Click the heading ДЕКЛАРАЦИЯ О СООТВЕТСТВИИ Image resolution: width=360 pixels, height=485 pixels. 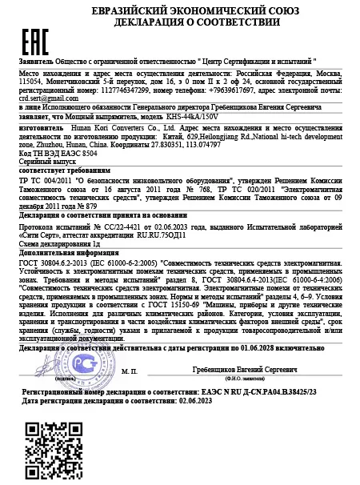point(189,22)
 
